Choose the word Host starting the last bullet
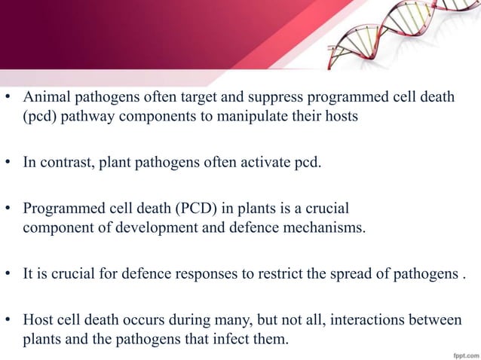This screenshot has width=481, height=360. point(38,320)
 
